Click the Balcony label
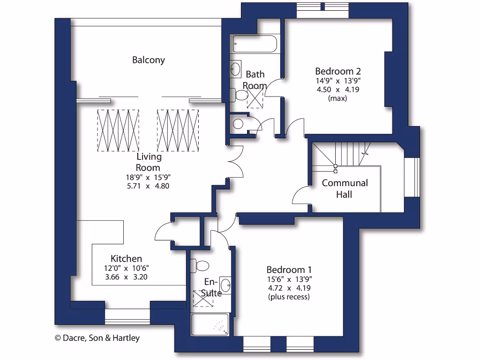click(x=148, y=60)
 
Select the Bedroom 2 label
click(x=337, y=71)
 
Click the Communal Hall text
click(x=345, y=188)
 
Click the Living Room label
click(x=148, y=162)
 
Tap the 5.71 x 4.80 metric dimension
click(x=148, y=186)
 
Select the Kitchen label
click(x=126, y=259)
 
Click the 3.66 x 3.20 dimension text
click(x=127, y=277)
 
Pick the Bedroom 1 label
click(x=289, y=270)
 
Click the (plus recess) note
click(x=289, y=297)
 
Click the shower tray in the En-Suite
click(x=210, y=324)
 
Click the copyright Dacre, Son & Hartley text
click(x=97, y=337)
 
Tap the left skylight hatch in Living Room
click(x=118, y=130)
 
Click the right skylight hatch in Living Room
click(x=178, y=130)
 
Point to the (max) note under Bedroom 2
click(x=337, y=98)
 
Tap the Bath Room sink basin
click(x=235, y=69)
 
